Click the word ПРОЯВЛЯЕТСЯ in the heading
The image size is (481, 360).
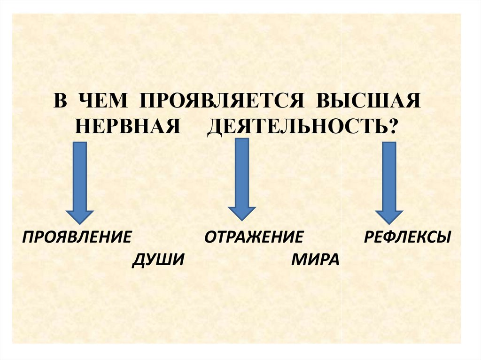(217, 102)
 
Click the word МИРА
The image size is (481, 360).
(315, 259)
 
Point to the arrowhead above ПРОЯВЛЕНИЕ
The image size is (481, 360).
(79, 215)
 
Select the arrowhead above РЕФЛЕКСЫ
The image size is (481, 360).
(389, 215)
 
